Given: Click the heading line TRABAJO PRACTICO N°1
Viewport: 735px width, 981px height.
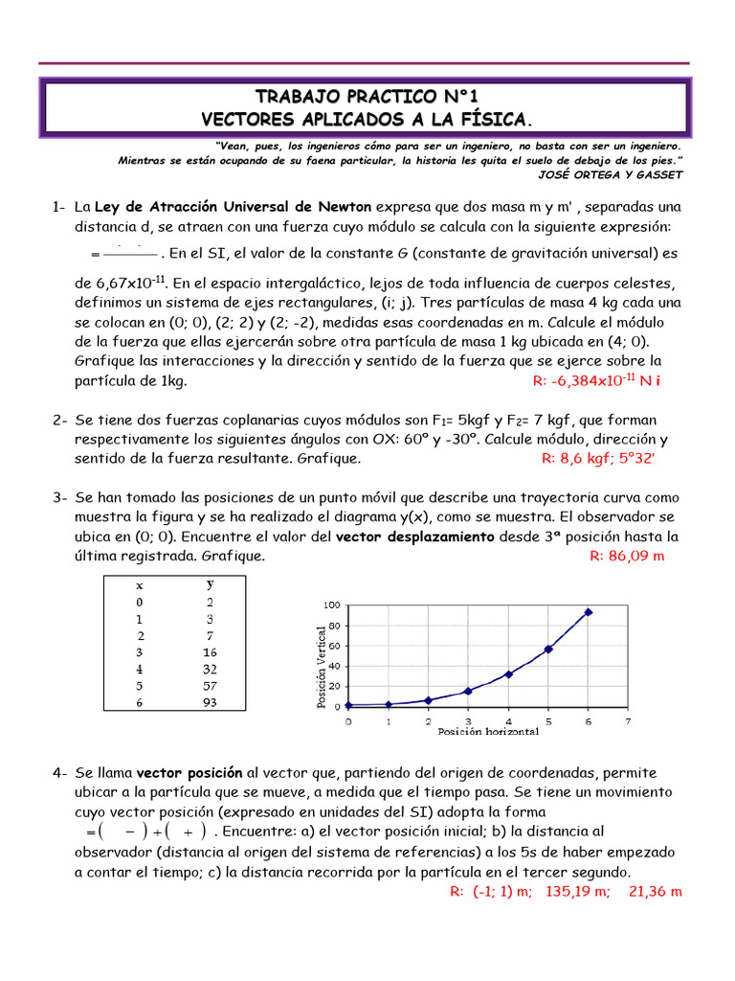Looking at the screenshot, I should [x=367, y=97].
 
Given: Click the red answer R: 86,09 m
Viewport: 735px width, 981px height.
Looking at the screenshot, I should [x=626, y=556].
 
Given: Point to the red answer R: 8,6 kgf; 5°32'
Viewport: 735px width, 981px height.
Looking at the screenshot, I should [x=598, y=458].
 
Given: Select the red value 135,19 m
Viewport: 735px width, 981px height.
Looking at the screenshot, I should [x=577, y=891].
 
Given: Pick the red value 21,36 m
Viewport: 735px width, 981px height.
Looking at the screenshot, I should [x=656, y=891].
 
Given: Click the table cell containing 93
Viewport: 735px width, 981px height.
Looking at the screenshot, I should [x=210, y=702].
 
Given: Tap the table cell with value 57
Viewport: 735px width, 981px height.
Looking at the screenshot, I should [x=210, y=686].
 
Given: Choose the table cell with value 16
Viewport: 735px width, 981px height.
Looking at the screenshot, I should [x=210, y=652].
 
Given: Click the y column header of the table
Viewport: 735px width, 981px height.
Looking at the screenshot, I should [x=210, y=583].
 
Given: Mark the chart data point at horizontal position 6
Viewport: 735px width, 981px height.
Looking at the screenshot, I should [x=588, y=612].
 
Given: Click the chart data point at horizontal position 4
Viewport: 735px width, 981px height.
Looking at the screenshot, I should [x=508, y=673].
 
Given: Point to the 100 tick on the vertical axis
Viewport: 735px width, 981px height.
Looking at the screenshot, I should [x=331, y=605].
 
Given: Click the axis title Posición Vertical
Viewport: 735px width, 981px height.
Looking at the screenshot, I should [x=322, y=662].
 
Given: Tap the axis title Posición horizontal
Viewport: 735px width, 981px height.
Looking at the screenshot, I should [x=488, y=731].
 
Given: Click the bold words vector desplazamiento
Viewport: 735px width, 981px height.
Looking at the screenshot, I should [x=415, y=536].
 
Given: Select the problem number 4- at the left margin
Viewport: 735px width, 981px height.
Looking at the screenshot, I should [x=59, y=772].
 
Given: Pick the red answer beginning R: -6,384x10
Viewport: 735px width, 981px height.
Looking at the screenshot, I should [x=597, y=380].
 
